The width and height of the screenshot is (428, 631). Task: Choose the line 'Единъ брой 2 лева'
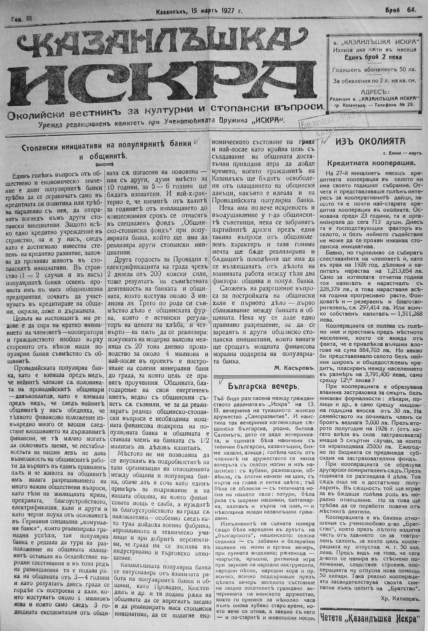click(374, 57)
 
